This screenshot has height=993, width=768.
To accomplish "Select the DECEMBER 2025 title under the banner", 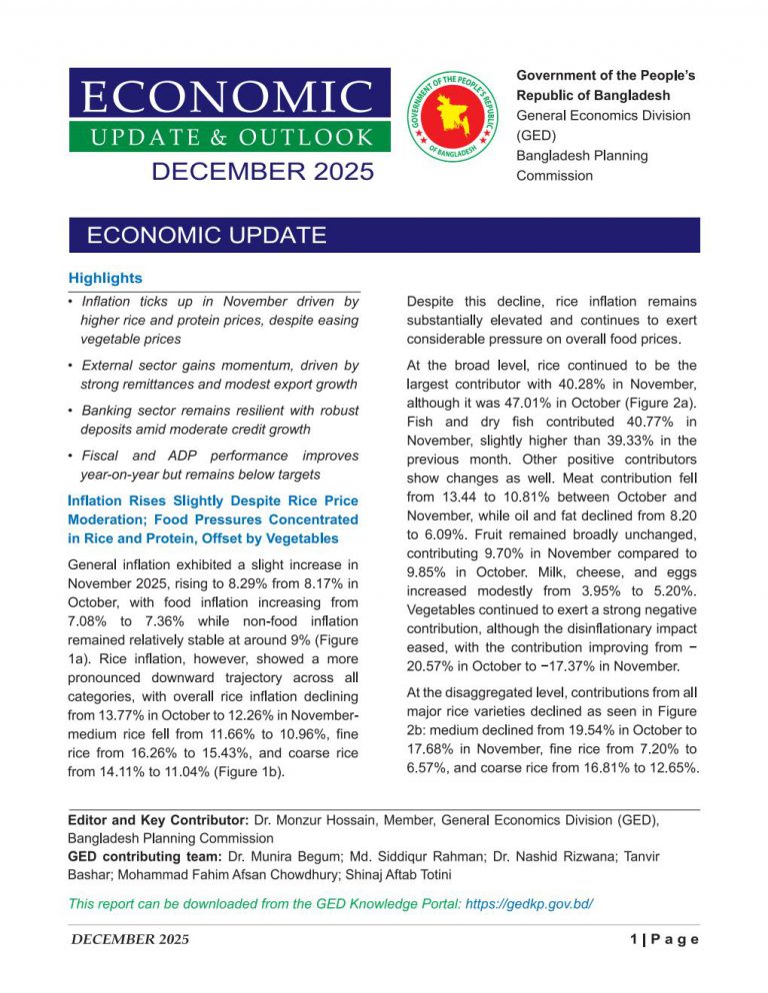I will click(262, 172).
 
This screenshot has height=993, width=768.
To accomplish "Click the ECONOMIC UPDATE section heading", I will click(207, 236).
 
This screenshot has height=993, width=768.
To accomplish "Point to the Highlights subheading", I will click(105, 278).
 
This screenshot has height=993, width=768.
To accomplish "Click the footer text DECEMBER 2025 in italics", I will click(128, 939).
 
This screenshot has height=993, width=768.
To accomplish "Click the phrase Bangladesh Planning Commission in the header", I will click(582, 166).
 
